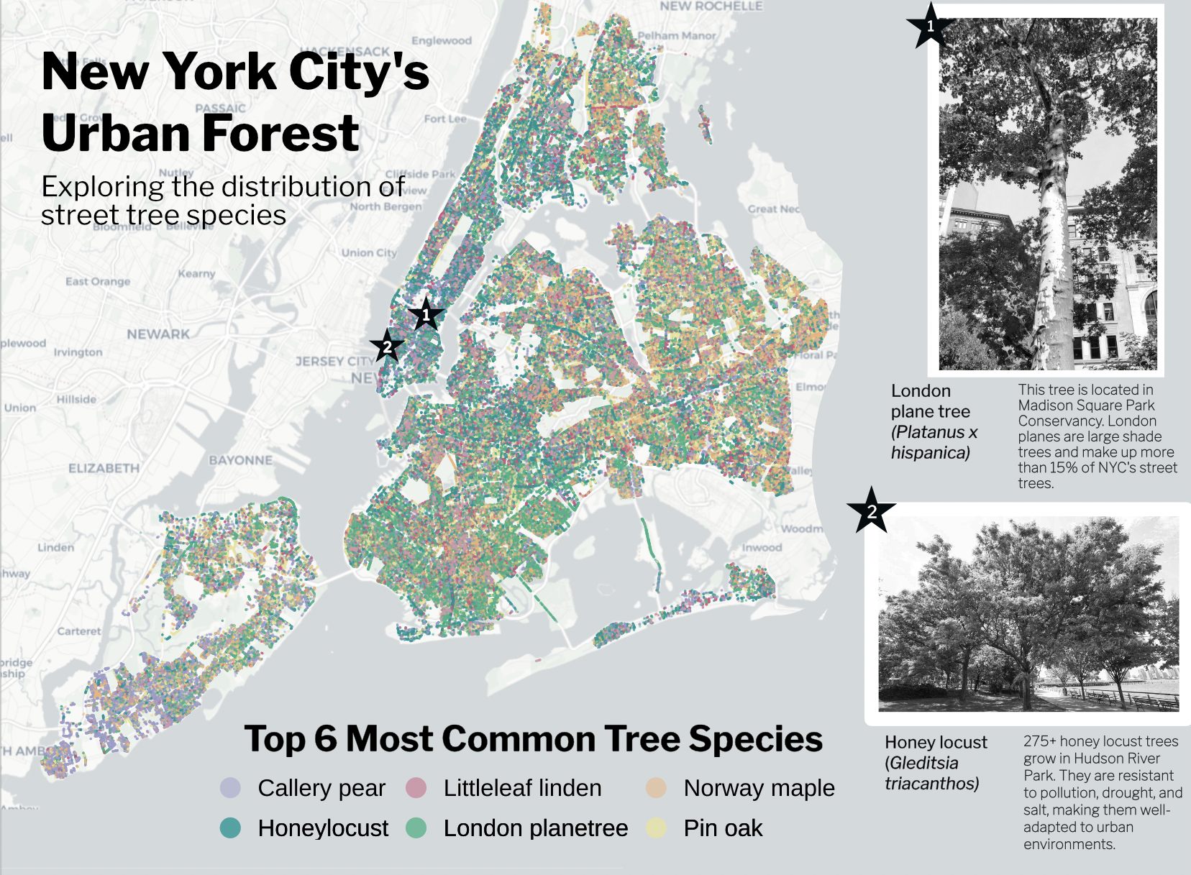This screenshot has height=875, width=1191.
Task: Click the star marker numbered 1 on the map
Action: pyautogui.click(x=426, y=314)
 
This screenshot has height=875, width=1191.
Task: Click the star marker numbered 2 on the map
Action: pyautogui.click(x=387, y=347)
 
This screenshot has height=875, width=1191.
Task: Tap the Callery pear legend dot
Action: pyautogui.click(x=230, y=788)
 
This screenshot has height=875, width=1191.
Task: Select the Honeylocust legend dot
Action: pyautogui.click(x=230, y=828)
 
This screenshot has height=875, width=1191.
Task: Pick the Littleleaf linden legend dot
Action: pyautogui.click(x=416, y=788)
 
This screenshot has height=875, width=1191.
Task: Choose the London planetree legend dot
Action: pyautogui.click(x=416, y=828)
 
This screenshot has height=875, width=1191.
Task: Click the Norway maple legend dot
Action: pyautogui.click(x=656, y=788)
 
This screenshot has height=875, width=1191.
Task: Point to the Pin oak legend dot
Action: pyautogui.click(x=656, y=828)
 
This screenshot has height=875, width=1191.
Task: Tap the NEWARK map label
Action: pyautogui.click(x=158, y=334)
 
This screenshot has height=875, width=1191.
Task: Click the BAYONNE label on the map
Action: pyautogui.click(x=240, y=460)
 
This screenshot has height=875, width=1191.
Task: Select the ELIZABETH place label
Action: pyautogui.click(x=104, y=468)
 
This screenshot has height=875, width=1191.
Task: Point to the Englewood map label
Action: pyautogui.click(x=442, y=41)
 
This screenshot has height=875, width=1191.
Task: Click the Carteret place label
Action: pyautogui.click(x=79, y=631)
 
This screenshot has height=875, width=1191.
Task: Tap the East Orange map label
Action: pyautogui.click(x=98, y=281)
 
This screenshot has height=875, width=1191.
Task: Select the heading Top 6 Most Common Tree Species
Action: pyautogui.click(x=533, y=738)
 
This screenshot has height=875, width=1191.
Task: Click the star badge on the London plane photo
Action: pyautogui.click(x=930, y=27)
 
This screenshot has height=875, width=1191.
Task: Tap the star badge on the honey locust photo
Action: pyautogui.click(x=872, y=511)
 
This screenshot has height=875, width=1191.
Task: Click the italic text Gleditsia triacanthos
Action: pyautogui.click(x=931, y=774)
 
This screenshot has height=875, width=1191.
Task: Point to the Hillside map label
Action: pyautogui.click(x=76, y=399)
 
